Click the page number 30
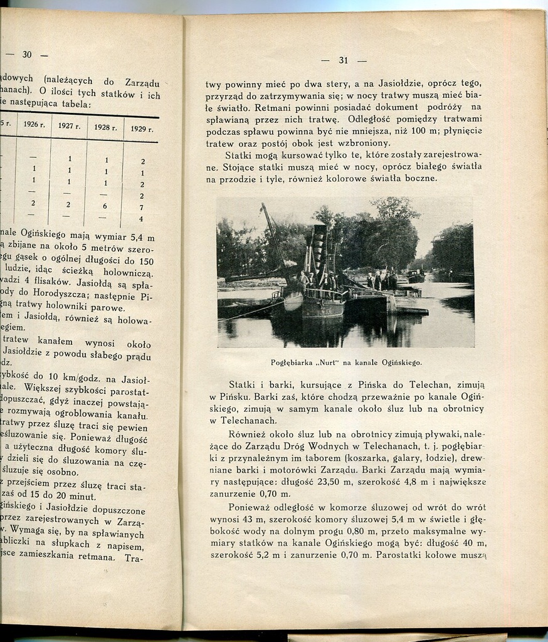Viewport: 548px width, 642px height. (x=27, y=55)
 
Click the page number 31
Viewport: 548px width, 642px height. (x=343, y=60)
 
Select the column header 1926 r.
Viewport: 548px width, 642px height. (x=34, y=124)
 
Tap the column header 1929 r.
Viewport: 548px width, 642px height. (x=141, y=129)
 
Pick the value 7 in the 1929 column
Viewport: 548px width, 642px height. (x=141, y=208)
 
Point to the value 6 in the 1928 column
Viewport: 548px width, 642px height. (x=105, y=206)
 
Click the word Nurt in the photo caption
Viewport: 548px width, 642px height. (x=339, y=362)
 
